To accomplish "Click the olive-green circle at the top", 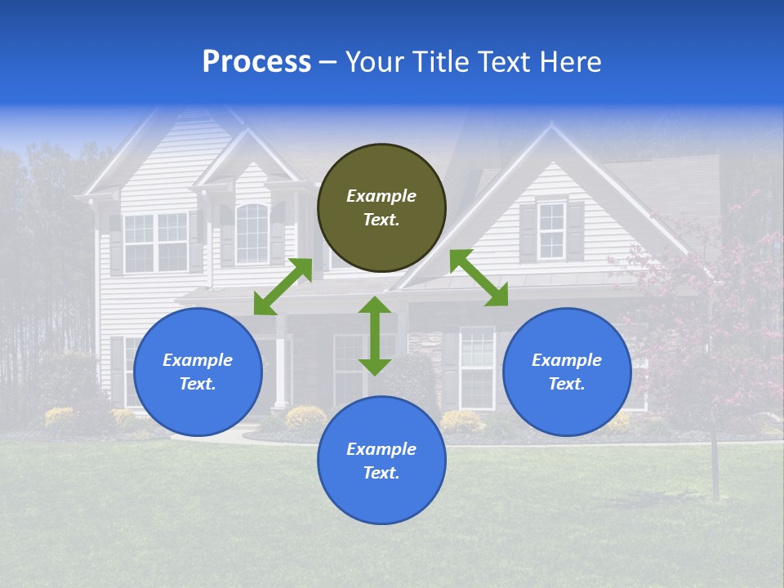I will [381, 208].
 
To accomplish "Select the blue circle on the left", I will [198, 372].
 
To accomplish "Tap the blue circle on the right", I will [567, 372].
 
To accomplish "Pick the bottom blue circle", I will [381, 461].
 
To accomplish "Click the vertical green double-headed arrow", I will [375, 336].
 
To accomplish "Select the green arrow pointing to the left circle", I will [283, 287].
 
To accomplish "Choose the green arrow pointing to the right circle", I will [479, 278].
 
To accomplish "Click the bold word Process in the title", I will [256, 61].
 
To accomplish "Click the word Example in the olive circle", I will [381, 196].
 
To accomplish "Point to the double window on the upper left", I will [156, 242].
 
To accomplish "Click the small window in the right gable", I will [552, 230].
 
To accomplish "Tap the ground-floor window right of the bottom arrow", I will [478, 367].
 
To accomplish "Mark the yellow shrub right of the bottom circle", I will [461, 421].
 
